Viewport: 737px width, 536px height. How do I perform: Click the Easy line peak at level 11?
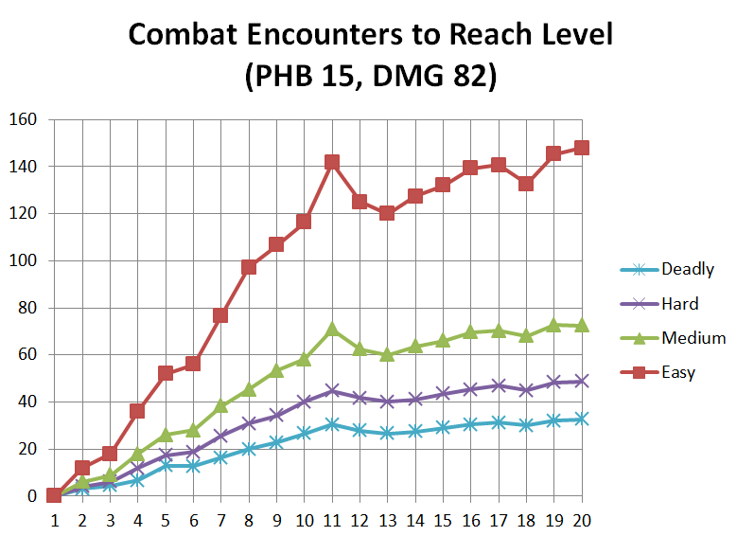click(332, 162)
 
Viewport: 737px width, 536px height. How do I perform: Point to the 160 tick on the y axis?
click(22, 119)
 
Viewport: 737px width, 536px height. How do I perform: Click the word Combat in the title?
click(182, 35)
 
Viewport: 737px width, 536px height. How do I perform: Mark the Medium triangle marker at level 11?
click(332, 330)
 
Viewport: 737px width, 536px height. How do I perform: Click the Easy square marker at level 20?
click(582, 148)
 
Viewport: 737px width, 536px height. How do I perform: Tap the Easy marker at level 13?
click(387, 213)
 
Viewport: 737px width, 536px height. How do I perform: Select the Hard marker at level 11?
click(332, 390)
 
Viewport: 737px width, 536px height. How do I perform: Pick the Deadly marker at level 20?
click(582, 419)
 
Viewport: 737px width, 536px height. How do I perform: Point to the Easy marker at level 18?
click(526, 184)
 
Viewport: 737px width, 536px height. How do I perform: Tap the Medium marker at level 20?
click(582, 325)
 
